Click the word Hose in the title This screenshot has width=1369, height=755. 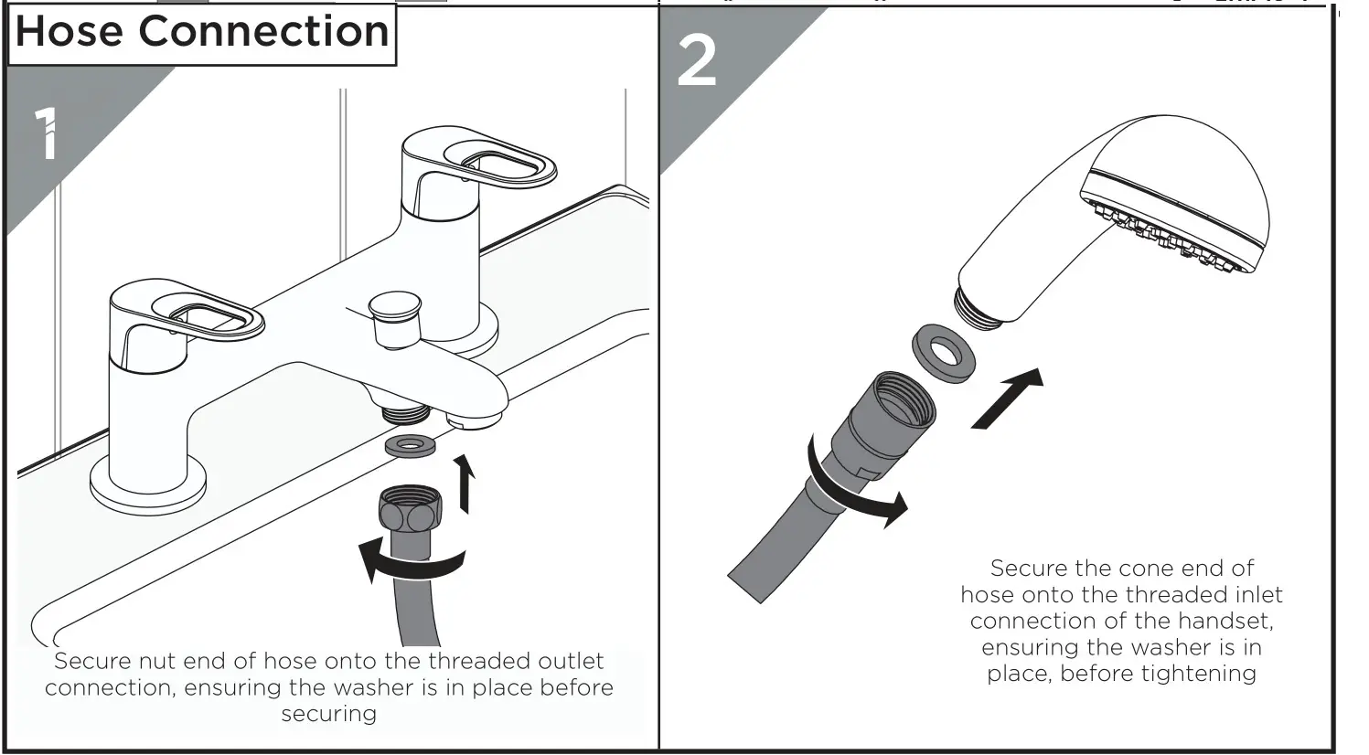coord(70,32)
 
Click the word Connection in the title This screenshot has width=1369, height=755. coord(263,32)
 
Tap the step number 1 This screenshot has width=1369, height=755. coord(47,133)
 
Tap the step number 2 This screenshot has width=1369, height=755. coord(697,62)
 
